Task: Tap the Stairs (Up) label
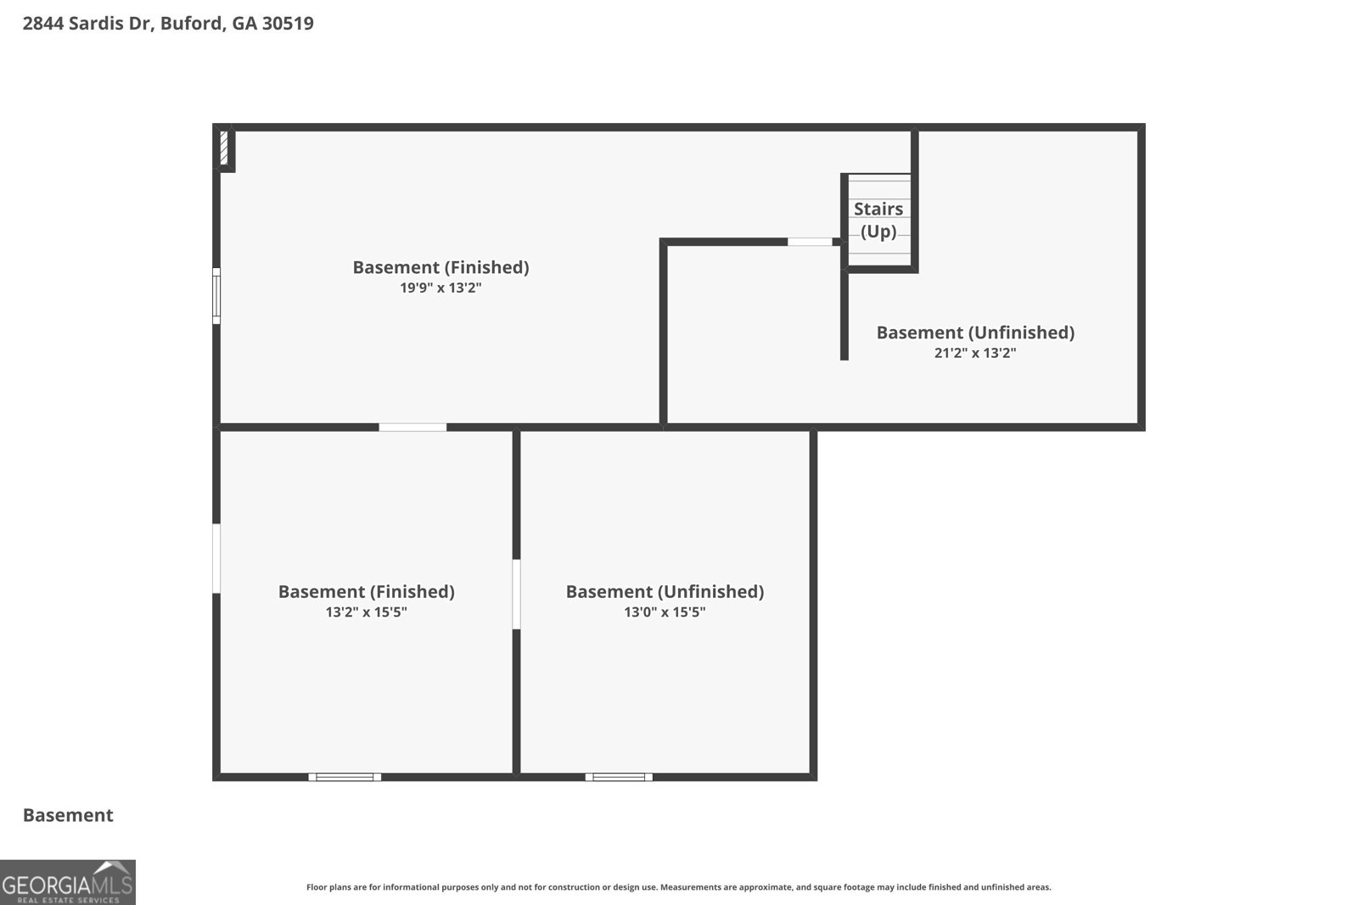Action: [878, 220]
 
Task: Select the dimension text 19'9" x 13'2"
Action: [441, 288]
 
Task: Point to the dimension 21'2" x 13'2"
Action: [975, 353]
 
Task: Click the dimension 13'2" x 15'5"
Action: [366, 612]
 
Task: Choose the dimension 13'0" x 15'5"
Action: [665, 612]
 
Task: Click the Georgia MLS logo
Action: [68, 882]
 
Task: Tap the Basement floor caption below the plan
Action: [68, 815]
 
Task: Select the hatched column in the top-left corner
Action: [224, 148]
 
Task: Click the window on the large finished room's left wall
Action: [216, 296]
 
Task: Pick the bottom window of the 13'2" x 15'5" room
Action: [345, 777]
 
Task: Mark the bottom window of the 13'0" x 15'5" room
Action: [619, 777]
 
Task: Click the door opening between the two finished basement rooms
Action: [412, 427]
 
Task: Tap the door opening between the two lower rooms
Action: [517, 595]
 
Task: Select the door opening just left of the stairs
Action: [810, 242]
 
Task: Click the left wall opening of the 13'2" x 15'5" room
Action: [216, 558]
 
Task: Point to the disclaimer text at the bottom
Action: [679, 887]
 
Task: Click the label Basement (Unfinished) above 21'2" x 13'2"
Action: [975, 332]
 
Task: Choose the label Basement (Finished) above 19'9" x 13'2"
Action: [441, 267]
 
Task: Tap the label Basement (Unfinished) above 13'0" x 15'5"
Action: [665, 592]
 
